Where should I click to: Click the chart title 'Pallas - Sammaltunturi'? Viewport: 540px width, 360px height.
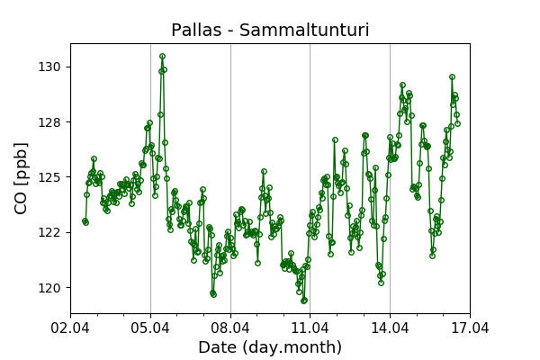tap(270, 31)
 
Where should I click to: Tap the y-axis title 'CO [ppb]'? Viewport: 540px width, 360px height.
tap(22, 177)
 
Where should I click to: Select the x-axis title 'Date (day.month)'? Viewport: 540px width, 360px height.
tap(270, 347)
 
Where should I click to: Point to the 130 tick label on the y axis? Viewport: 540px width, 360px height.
tap(50, 67)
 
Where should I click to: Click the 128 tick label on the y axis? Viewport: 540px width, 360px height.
tap(50, 121)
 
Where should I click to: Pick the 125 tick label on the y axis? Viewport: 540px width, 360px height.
tap(50, 177)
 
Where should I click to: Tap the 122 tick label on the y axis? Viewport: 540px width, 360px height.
tap(50, 232)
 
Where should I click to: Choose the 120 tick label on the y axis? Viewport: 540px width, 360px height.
tap(50, 287)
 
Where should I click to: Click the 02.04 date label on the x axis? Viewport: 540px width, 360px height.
tap(70, 328)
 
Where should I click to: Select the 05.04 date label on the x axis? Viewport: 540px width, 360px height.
tap(150, 328)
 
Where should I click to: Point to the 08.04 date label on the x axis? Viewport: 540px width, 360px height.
tap(230, 328)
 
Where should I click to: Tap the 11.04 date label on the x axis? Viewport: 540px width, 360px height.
tap(310, 328)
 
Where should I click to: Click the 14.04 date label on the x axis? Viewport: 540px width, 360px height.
tap(390, 328)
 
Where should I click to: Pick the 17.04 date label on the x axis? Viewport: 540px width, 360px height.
tap(469, 328)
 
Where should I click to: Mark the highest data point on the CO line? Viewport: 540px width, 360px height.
tap(162, 57)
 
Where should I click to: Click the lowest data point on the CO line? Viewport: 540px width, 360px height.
tap(304, 301)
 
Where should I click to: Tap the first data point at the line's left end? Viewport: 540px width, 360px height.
tap(85, 220)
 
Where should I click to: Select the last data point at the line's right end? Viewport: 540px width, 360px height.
tap(457, 123)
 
